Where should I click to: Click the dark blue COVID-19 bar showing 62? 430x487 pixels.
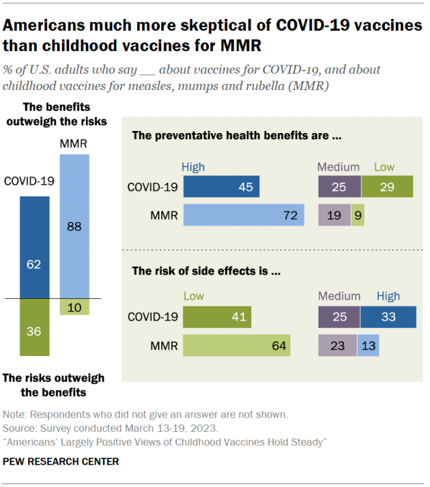coord(34,247)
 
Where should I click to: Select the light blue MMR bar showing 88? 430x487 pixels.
coord(74,226)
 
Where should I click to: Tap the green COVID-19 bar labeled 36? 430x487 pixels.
coord(34,326)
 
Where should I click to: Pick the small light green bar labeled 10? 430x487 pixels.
coord(74,306)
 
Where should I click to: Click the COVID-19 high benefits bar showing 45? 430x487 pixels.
coord(221,187)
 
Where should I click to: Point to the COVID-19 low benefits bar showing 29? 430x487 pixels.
coord(387,187)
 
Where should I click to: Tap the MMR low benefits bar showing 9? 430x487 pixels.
coord(357,215)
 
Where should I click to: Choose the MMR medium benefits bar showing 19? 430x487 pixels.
coord(334,215)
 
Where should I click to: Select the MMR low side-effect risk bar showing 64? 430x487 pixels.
coord(236,345)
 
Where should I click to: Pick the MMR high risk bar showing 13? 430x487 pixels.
coord(368,345)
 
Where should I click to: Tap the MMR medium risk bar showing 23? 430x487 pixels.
coord(337,345)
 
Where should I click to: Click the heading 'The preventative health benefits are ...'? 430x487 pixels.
coord(236,136)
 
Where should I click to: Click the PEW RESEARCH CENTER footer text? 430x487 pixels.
coord(61,461)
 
